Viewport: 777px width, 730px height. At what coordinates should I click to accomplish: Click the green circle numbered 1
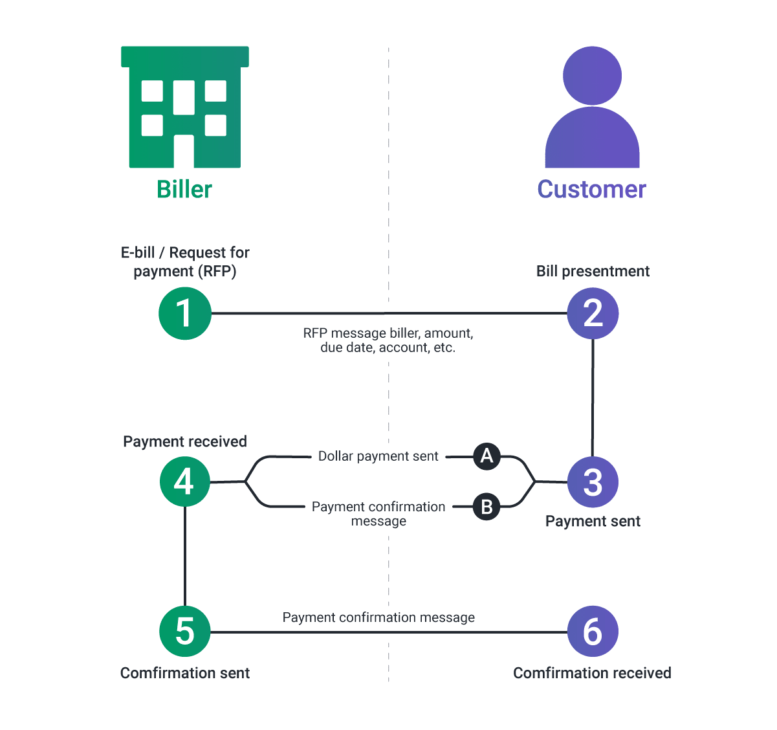185,313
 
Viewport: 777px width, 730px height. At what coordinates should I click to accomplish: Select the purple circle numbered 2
593,313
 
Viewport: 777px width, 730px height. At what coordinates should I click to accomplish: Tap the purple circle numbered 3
593,482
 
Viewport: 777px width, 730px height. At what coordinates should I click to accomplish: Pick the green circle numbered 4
185,481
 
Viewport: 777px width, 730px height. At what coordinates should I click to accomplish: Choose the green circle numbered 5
185,631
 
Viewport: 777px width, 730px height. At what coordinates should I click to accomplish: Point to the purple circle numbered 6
593,631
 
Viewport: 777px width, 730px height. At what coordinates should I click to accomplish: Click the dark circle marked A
487,456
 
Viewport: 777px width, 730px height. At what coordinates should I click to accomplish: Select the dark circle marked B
487,507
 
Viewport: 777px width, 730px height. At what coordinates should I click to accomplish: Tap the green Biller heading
184,190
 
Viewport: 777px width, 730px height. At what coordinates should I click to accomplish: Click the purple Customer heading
591,190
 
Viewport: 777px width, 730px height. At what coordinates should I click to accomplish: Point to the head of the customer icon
592,76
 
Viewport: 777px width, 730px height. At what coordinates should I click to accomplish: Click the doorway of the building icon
184,151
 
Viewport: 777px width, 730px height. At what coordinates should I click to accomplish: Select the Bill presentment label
593,271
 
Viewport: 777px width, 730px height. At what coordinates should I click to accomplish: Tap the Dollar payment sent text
378,456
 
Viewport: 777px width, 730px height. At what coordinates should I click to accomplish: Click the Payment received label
185,441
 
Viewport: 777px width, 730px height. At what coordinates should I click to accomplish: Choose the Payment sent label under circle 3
593,522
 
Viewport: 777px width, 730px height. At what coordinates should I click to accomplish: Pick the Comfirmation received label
592,673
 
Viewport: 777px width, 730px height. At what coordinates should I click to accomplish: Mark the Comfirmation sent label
185,673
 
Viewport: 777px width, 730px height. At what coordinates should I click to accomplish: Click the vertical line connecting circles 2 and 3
593,398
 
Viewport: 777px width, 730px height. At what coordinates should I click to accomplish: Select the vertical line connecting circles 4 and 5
185,557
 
